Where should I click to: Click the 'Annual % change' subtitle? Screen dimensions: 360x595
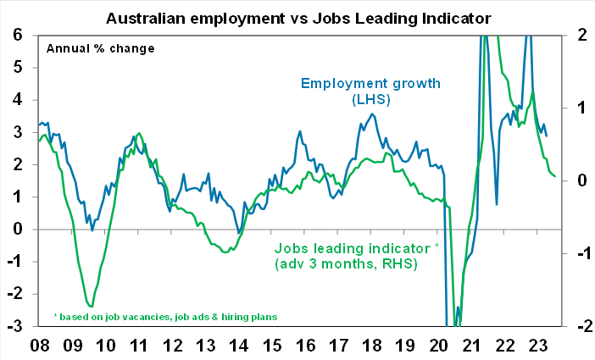point(100,47)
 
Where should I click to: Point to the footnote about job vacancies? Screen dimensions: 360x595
point(165,317)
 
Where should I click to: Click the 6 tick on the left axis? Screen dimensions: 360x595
point(19,35)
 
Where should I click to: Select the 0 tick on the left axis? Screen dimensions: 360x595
point(19,229)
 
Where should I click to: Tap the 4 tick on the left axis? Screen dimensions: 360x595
point(19,99)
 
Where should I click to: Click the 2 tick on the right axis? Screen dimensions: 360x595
point(578,35)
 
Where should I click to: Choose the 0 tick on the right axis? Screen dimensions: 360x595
point(578,180)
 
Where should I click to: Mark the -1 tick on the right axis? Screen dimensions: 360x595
point(576,253)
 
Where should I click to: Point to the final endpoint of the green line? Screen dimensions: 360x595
point(556,176)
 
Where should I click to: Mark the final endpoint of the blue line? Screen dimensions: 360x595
point(547,136)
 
